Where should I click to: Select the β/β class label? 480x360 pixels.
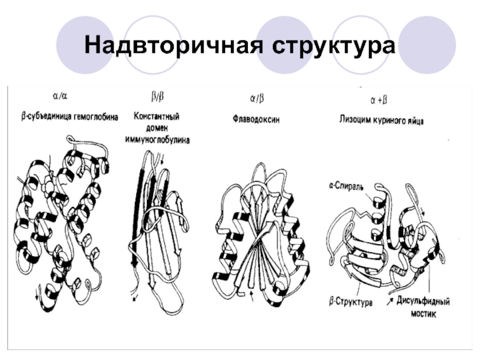(157, 94)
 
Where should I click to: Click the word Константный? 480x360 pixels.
(157, 115)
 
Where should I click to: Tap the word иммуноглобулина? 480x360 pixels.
(157, 139)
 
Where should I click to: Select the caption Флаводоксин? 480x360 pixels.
(256, 119)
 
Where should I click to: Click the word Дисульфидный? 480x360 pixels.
(422, 301)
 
